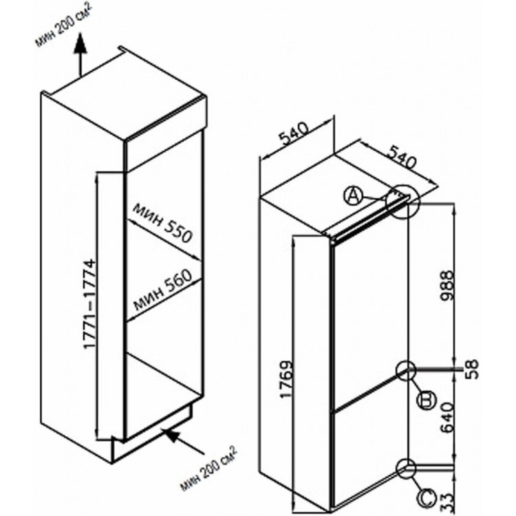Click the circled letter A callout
coord(352,196)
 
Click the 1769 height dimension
coord(286,380)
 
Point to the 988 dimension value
coord(448,286)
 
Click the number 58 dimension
coord(471,369)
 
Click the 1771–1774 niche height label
coord(89,303)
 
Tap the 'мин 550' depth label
coord(162,222)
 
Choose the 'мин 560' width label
coord(162,290)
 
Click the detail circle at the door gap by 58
coord(407,371)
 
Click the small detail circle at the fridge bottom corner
coord(407,469)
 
